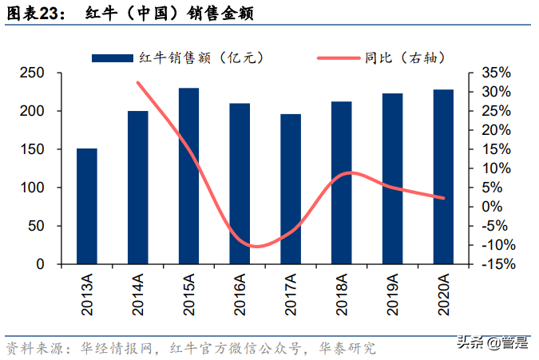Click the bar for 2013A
(x=87, y=206)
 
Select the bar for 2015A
(x=188, y=176)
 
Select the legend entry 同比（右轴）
(x=381, y=57)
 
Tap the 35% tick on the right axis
(x=495, y=73)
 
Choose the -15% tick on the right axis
(x=495, y=264)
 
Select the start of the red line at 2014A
(x=138, y=82)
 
